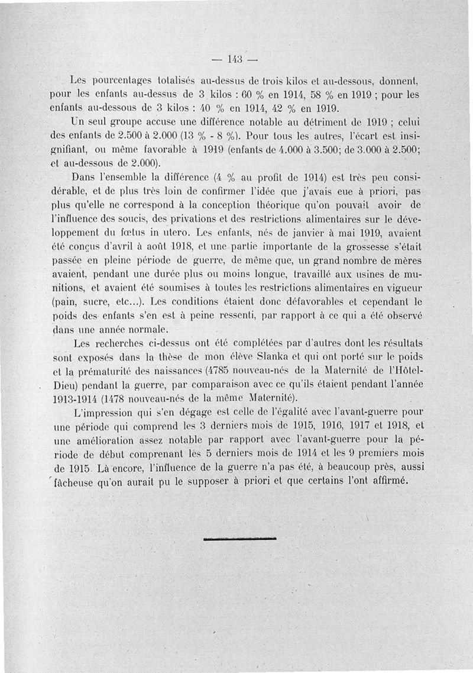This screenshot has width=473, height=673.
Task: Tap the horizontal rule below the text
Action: [239, 539]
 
